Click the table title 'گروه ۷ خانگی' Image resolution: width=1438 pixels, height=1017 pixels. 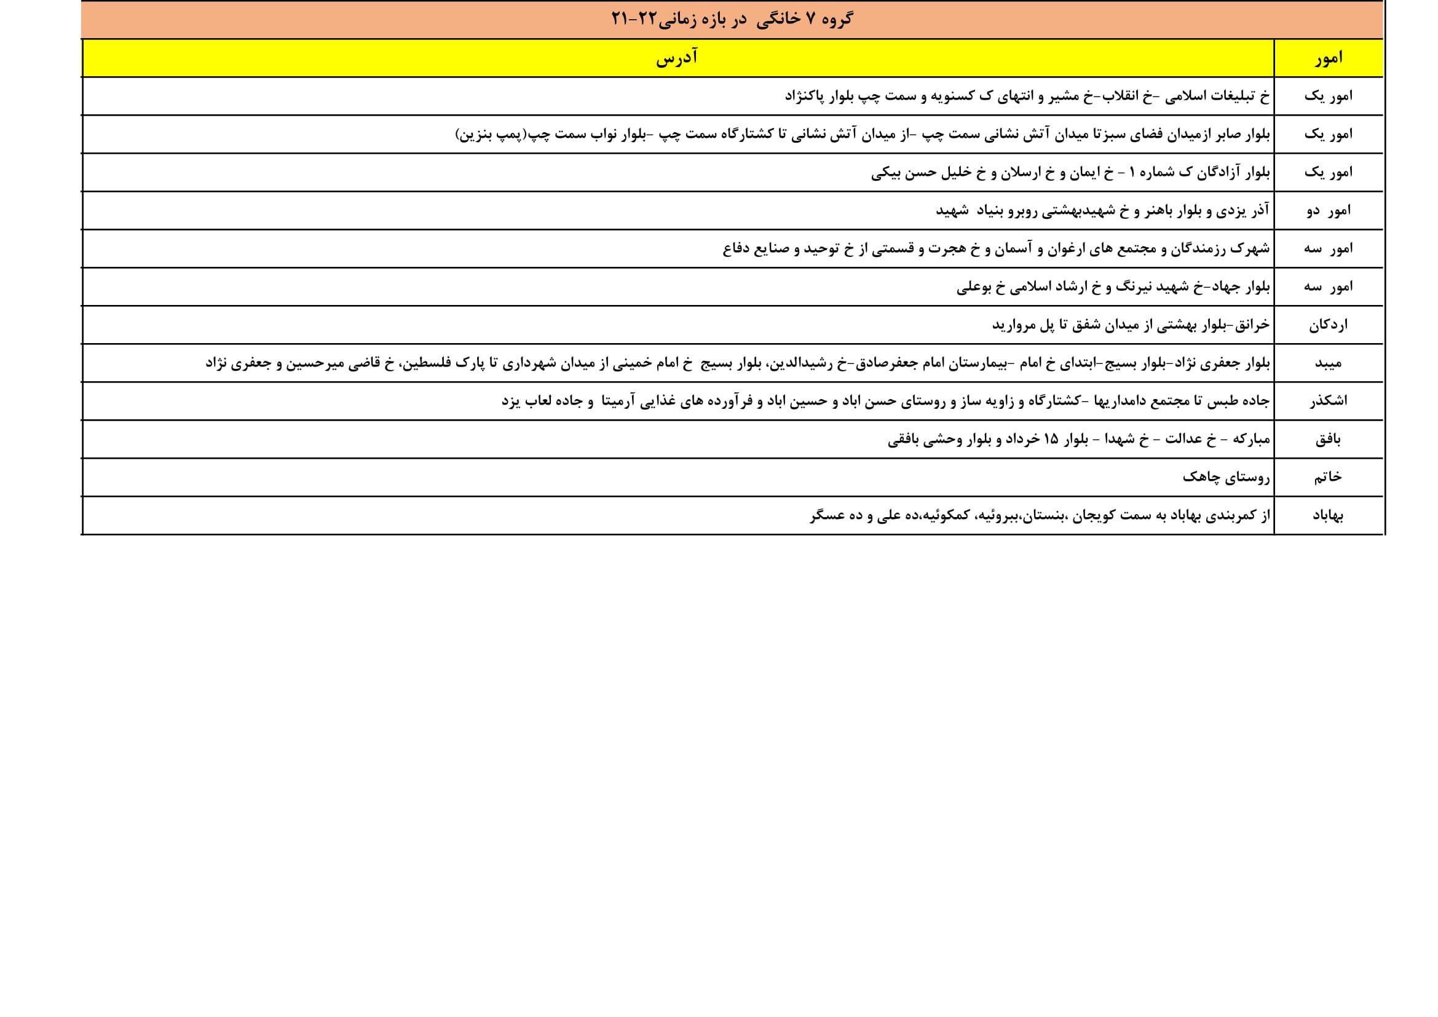(805, 20)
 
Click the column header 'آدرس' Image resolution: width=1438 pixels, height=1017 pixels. (677, 58)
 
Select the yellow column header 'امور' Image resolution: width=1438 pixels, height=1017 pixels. (1329, 58)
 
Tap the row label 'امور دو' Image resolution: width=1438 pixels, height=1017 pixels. (1329, 210)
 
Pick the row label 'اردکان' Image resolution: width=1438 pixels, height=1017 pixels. (1328, 325)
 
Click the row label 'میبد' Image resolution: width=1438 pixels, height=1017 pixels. (1328, 363)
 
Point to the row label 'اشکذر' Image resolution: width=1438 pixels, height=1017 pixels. (1328, 401)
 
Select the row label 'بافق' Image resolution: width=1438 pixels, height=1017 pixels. (1328, 439)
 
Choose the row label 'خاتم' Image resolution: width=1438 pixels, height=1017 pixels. (1328, 477)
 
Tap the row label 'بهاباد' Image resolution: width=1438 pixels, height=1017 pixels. (1328, 515)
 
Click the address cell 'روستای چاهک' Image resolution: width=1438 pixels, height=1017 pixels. (1226, 477)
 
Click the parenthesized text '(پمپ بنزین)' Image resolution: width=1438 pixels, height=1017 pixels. (492, 134)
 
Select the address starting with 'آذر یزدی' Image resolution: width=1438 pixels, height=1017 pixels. (1102, 210)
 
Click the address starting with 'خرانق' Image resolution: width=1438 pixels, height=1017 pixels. (1131, 325)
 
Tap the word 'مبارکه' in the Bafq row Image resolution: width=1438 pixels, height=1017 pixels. (1250, 439)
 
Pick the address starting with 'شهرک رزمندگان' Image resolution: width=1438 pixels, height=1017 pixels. (996, 248)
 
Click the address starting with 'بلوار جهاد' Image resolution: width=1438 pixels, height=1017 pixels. (1113, 287)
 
